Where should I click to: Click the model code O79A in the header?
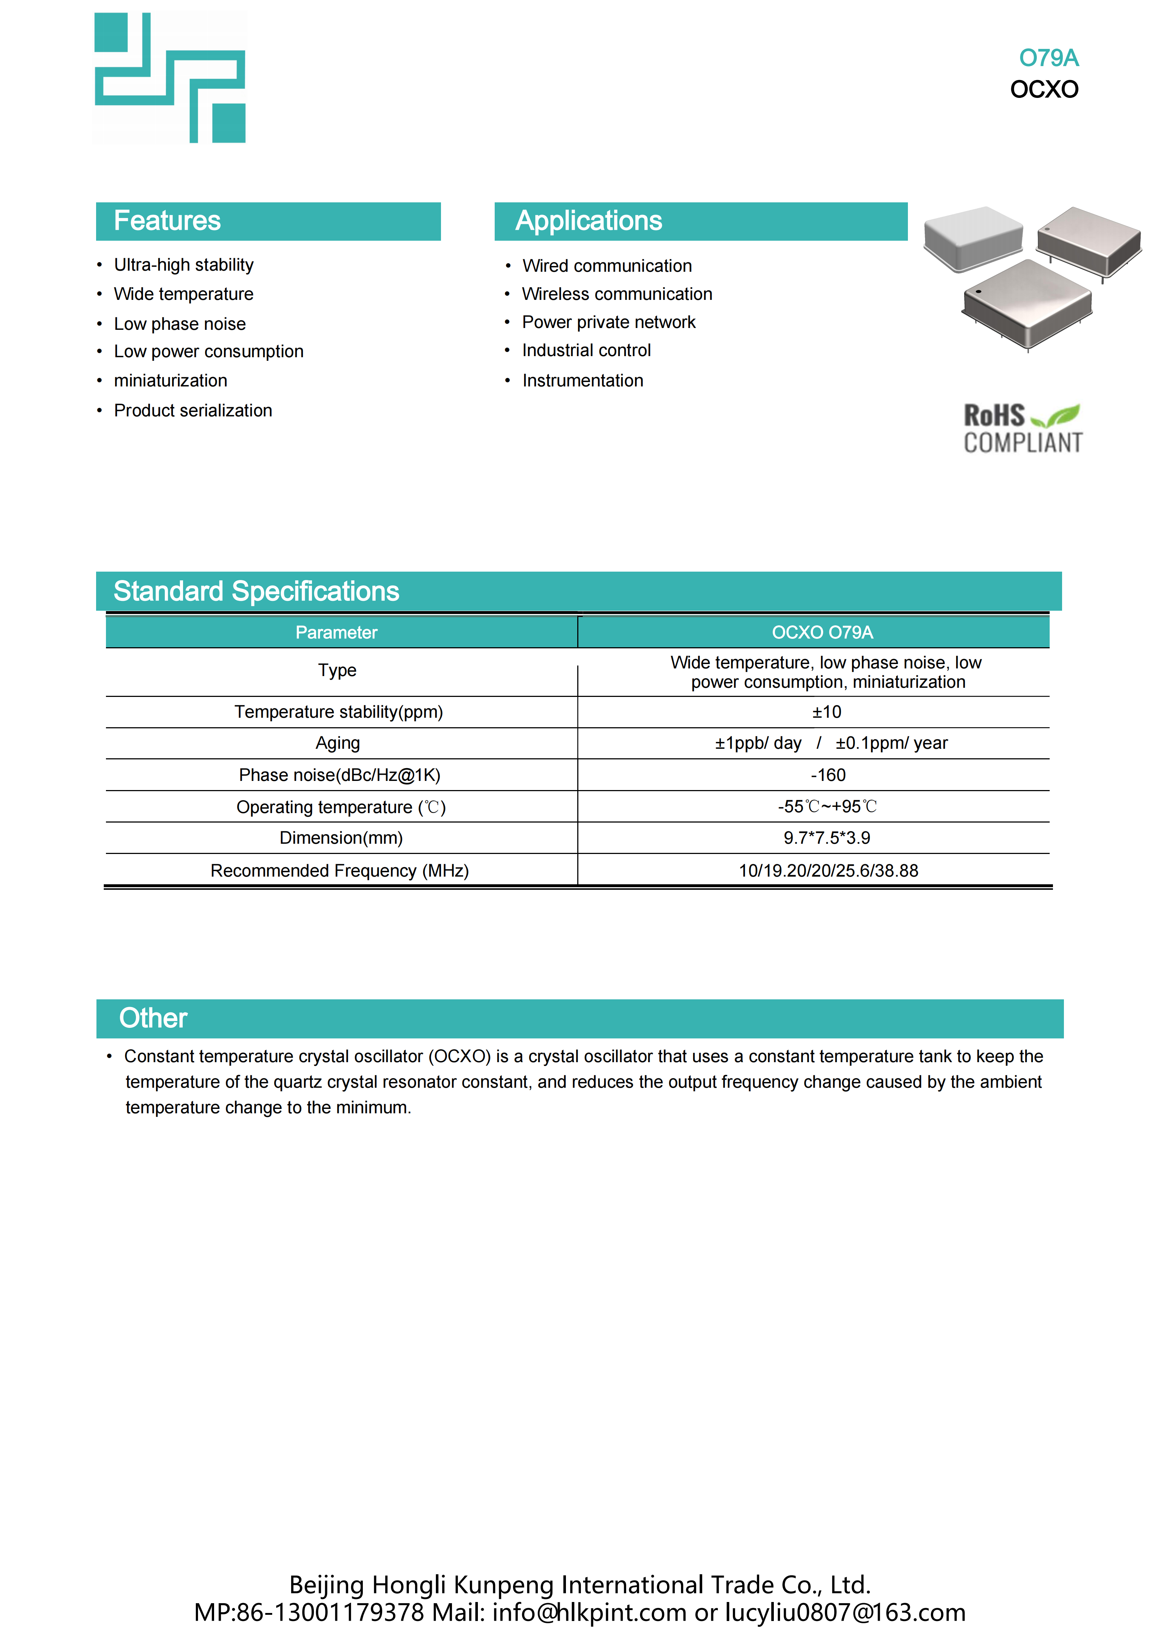(x=1048, y=58)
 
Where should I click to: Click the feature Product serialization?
(x=193, y=411)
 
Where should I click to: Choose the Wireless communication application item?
(x=617, y=294)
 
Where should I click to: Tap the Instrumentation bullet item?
(x=582, y=381)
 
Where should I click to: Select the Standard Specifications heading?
(x=256, y=591)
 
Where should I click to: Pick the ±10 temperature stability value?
(x=826, y=712)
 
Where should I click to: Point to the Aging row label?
(x=338, y=744)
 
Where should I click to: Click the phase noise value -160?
(x=828, y=775)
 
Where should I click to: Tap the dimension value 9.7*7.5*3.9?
(x=826, y=838)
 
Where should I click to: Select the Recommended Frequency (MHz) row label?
(x=339, y=871)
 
